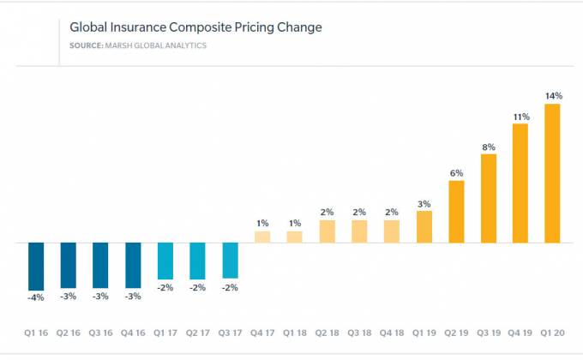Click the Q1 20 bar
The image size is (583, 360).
(552, 174)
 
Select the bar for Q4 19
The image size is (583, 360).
(520, 183)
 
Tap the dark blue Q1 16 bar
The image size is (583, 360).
(37, 266)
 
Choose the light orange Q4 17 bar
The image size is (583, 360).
(262, 237)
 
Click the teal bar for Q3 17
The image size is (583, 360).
(230, 260)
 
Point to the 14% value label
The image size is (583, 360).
(552, 96)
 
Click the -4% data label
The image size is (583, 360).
(37, 297)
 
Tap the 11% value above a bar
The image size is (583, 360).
(520, 116)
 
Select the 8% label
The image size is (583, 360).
(489, 147)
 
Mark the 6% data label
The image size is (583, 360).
(456, 173)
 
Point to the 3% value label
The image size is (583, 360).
(424, 203)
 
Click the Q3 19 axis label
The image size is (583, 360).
(488, 331)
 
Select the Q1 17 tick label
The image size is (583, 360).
(165, 331)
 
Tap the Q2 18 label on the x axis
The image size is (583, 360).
(327, 331)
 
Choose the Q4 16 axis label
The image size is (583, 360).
(133, 331)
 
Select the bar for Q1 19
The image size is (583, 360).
(424, 227)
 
